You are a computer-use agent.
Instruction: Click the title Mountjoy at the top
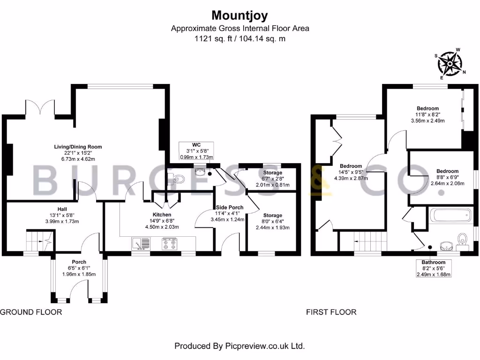point(240,15)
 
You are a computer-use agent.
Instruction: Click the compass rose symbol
point(450,63)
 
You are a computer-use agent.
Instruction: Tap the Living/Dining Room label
point(77,153)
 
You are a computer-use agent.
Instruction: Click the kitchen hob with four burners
point(169,243)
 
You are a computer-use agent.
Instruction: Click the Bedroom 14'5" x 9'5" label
point(351,172)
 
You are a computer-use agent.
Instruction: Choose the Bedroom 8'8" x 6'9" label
point(447,177)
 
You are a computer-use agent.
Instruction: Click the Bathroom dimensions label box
point(434,268)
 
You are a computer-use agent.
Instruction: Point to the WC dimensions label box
point(196,150)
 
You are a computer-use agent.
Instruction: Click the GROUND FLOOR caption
point(31,312)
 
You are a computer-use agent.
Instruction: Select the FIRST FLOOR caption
point(331,312)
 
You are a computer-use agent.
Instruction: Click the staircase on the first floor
point(370,242)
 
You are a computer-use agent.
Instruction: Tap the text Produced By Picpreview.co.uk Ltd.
point(240,346)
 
